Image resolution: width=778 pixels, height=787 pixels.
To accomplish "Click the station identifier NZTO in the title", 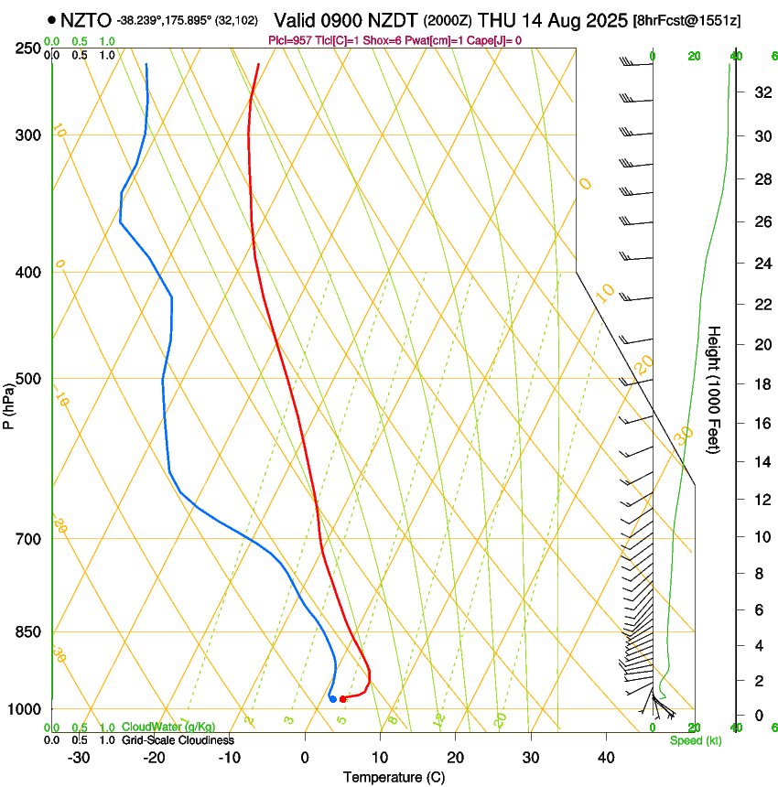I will [86, 19].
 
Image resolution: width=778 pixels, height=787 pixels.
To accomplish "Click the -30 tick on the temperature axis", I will [79, 758].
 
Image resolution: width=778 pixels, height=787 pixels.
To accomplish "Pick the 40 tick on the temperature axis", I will [606, 758].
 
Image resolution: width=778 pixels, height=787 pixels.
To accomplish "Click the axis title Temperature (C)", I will [394, 777].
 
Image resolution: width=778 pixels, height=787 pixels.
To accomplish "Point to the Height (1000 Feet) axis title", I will [715, 389].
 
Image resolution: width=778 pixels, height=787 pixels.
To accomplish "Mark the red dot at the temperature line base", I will [342, 699].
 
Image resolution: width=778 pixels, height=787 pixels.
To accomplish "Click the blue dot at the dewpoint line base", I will [332, 699].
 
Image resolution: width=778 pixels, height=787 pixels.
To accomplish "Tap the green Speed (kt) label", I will [695, 740].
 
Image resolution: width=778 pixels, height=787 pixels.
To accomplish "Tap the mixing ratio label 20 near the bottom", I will [500, 719].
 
